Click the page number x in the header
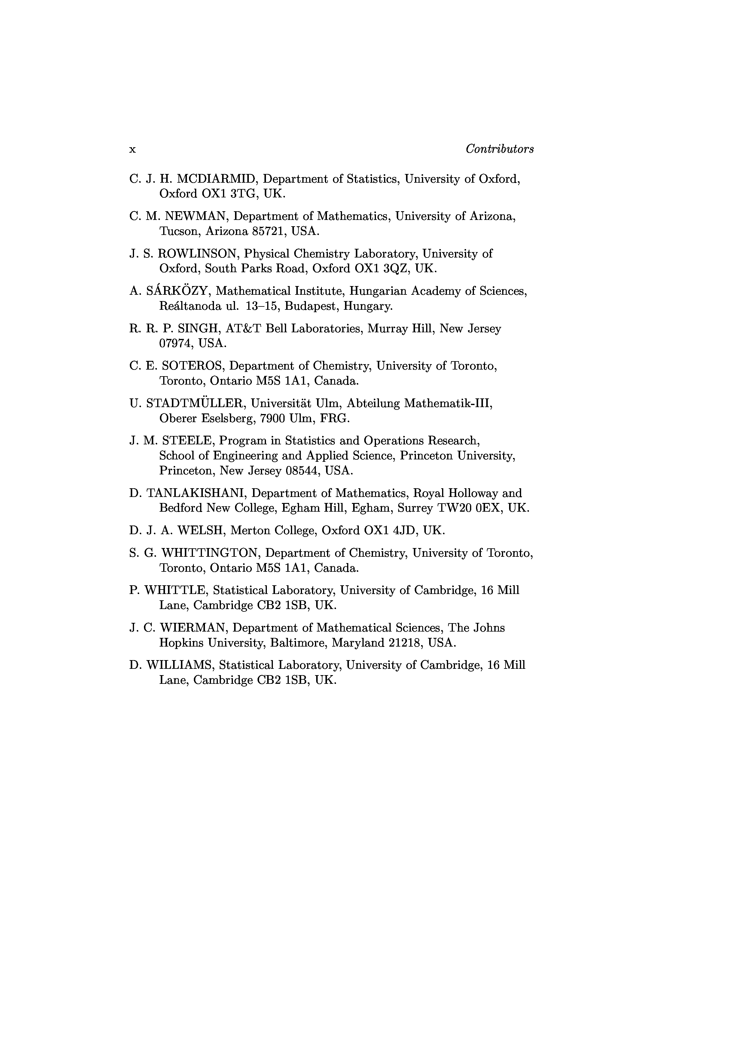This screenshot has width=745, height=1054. coord(132,150)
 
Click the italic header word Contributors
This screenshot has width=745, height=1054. coord(499,149)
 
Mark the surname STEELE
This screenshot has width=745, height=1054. coord(188,441)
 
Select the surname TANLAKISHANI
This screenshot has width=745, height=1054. coord(197,493)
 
